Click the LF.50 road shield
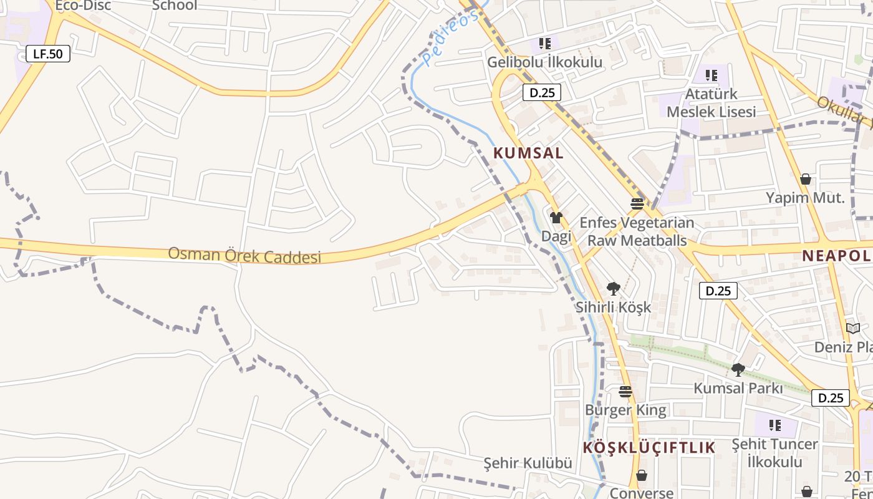[48, 54]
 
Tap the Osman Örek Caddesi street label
[244, 255]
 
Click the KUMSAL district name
[528, 153]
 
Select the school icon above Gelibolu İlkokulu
[545, 44]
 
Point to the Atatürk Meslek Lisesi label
[711, 103]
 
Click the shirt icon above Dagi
[556, 218]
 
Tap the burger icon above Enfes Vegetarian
[637, 203]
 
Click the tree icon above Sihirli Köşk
[613, 288]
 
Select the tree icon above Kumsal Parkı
[738, 369]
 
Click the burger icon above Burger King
[625, 392]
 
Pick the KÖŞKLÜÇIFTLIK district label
[649, 447]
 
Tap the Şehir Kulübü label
[528, 463]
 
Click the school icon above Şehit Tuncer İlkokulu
[774, 425]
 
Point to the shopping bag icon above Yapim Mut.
[806, 179]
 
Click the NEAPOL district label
[836, 255]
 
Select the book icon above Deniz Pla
[852, 328]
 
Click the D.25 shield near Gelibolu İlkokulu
[541, 93]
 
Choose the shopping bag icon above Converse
[641, 475]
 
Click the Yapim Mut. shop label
[805, 198]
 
